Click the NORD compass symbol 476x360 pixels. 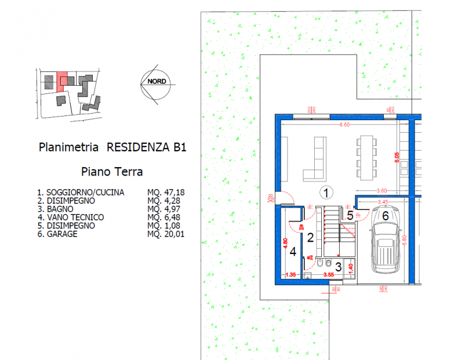coord(156,83)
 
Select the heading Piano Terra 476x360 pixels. coord(111,173)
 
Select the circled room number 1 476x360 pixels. coord(325,192)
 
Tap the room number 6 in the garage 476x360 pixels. coord(385,216)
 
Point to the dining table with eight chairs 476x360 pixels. coord(365,153)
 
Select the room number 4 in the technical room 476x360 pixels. coord(292,251)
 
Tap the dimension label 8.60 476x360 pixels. coord(343,125)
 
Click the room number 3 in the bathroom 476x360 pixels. coord(338,267)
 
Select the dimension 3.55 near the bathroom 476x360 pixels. coord(328,275)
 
